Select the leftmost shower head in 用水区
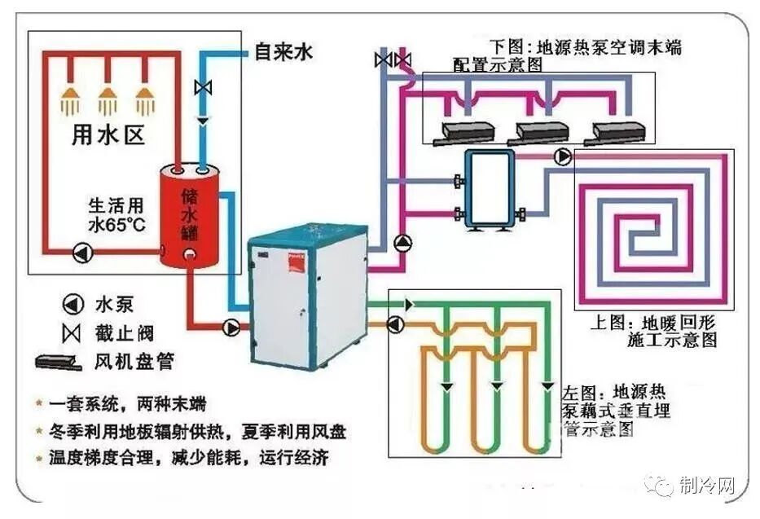tap(70, 101)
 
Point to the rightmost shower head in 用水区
tap(147, 101)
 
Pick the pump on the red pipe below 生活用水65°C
tap(81, 253)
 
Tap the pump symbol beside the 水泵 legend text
tap(72, 305)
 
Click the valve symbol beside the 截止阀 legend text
tap(72, 333)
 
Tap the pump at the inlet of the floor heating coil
tap(562, 156)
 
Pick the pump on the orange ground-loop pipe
tap(396, 324)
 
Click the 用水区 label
tap(108, 135)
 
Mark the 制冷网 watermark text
tap(707, 487)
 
